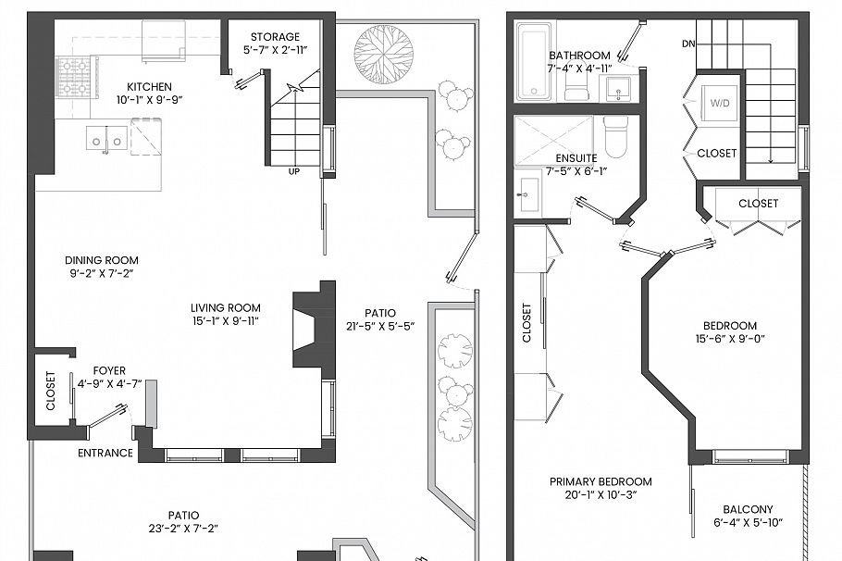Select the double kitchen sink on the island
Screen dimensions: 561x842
105,138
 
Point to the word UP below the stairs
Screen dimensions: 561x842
294,172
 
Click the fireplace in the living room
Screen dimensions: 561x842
311,329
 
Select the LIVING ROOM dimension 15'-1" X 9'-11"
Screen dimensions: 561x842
226,322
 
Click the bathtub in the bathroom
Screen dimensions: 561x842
533,64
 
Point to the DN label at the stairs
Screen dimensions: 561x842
689,44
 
